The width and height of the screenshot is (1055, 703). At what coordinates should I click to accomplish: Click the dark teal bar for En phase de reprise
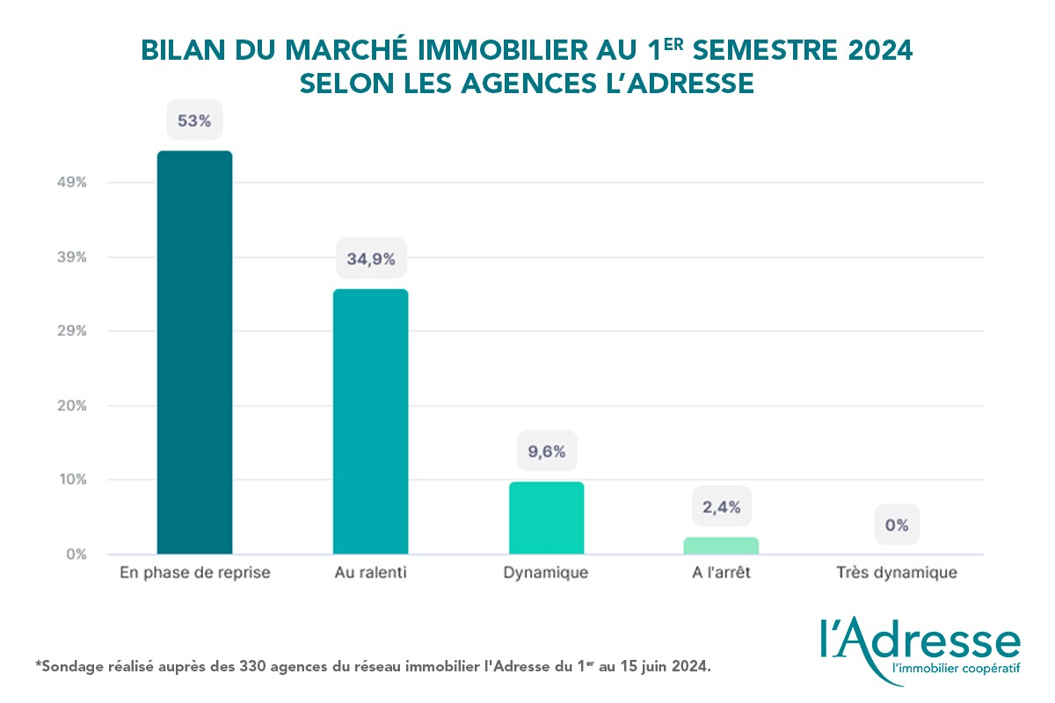194,352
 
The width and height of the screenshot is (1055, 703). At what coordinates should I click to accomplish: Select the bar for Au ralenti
370,422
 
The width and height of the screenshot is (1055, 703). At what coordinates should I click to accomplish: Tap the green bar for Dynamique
546,518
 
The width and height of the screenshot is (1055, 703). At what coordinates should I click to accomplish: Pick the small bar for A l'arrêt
721,546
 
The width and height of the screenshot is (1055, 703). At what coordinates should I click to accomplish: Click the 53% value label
194,121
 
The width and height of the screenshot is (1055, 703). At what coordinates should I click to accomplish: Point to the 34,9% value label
370,259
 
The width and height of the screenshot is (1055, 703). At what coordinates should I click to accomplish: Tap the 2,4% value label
721,507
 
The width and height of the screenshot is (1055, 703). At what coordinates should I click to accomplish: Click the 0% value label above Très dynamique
897,525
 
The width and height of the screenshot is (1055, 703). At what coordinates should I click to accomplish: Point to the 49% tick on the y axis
73,183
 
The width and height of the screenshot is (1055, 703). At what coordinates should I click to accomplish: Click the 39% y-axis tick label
73,257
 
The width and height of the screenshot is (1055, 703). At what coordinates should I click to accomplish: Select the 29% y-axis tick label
73,331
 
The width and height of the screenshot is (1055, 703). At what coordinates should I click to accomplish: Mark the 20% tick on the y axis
73,406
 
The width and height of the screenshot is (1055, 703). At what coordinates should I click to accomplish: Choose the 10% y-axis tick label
73,480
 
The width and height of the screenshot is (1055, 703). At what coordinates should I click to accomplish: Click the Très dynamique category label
897,574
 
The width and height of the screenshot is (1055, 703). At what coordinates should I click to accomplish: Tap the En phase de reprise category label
194,574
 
